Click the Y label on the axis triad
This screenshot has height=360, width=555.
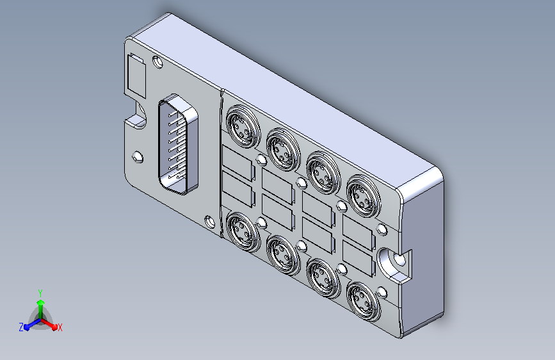click(40, 293)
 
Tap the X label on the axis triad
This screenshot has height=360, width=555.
click(60, 327)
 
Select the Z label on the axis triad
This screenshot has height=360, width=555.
click(21, 327)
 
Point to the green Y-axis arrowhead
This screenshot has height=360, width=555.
click(41, 302)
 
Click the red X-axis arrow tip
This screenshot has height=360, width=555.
click(54, 327)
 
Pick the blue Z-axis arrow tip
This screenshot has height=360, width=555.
click(27, 327)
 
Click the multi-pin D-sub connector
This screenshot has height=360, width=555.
click(178, 144)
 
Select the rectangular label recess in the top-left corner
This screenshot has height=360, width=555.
click(136, 76)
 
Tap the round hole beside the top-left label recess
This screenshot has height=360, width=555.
click(157, 62)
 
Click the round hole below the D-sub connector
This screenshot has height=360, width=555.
click(210, 222)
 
